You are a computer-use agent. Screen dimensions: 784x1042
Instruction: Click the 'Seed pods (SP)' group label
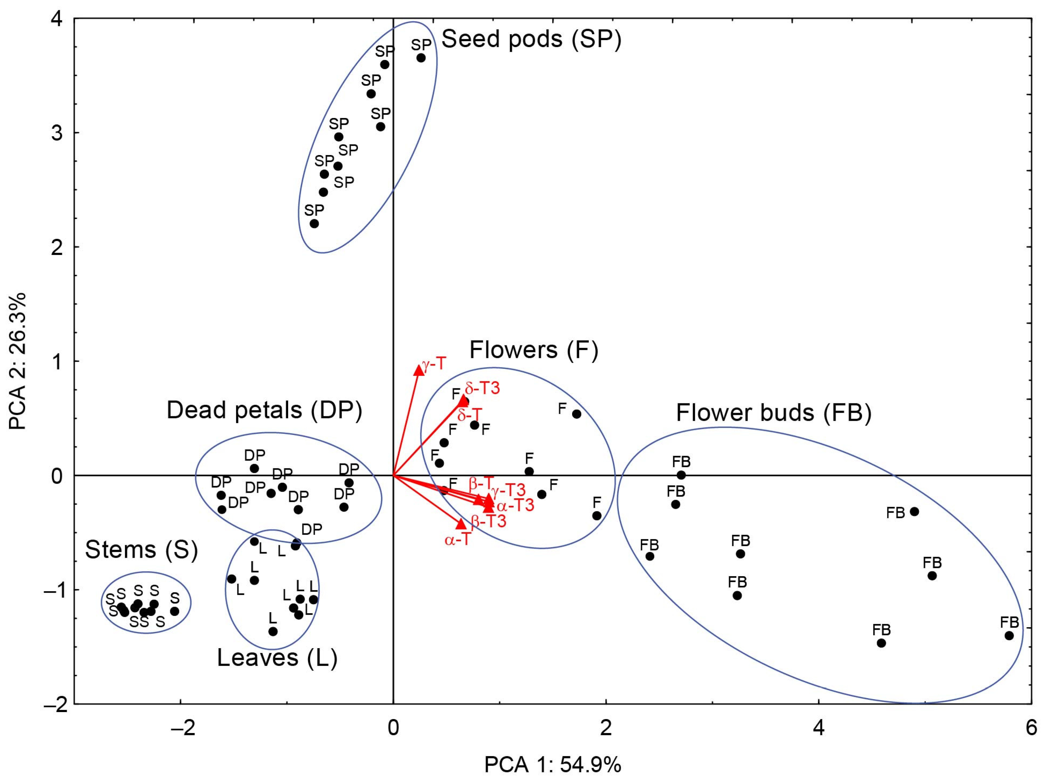(531, 39)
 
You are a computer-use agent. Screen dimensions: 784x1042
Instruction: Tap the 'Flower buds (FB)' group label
(773, 413)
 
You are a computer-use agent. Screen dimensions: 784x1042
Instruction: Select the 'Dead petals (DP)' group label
(264, 410)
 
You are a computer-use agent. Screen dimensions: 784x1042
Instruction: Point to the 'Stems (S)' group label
(141, 550)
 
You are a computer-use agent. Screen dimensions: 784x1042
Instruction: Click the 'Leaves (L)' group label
(277, 658)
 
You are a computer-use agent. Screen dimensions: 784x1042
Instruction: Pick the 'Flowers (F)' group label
(534, 350)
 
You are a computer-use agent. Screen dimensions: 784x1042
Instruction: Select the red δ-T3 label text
(482, 388)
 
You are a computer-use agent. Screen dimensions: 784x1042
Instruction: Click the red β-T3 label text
(488, 521)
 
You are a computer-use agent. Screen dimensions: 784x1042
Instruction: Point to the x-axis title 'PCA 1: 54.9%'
(553, 765)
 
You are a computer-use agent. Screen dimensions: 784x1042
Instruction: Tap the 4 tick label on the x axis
(819, 728)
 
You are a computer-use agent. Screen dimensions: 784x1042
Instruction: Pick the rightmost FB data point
(1009, 636)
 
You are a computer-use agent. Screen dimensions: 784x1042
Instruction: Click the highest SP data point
(421, 58)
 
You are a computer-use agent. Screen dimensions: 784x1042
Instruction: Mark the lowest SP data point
(314, 224)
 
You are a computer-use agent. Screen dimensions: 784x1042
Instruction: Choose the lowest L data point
(273, 631)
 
